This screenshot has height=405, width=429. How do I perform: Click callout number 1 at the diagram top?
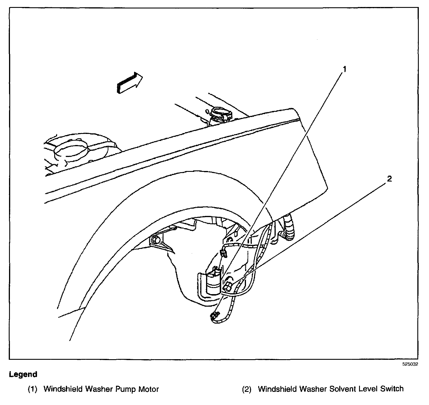point(344,69)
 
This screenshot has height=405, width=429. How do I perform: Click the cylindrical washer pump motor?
point(213,283)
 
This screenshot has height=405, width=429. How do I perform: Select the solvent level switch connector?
point(228,287)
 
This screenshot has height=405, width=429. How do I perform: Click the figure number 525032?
point(410,364)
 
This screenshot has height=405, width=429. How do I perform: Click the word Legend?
point(23,374)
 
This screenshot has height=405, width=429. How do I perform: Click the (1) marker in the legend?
point(32,389)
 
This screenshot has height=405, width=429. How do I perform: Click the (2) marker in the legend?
point(247,389)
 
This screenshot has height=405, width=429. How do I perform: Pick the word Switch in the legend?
point(392,389)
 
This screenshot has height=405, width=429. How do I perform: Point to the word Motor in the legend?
point(148,389)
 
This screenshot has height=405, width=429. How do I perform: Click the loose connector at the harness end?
point(214,315)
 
